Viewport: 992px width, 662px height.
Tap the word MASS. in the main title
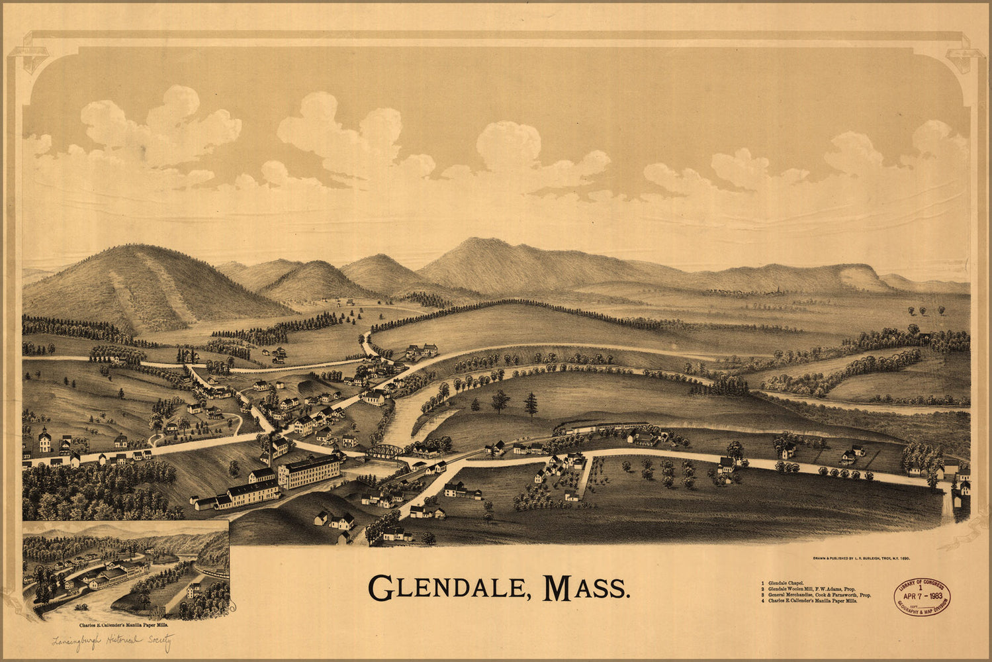(x=585, y=587)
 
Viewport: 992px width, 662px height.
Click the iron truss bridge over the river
(x=384, y=452)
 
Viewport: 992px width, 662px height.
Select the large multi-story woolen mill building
(x=309, y=471)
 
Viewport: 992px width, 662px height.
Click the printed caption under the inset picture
(x=124, y=624)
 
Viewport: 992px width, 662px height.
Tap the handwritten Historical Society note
(x=113, y=641)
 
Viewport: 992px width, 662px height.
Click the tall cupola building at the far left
(x=44, y=439)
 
